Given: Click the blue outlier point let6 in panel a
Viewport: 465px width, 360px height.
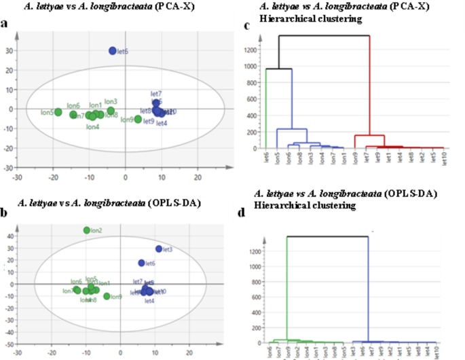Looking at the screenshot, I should click(x=113, y=51).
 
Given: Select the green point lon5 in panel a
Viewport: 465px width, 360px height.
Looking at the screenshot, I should click(x=58, y=112).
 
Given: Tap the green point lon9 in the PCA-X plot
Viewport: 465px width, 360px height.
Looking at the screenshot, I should click(x=138, y=120).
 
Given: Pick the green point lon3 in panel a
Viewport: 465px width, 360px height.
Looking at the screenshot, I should click(x=111, y=111).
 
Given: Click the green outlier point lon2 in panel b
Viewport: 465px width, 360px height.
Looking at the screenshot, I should click(x=87, y=230).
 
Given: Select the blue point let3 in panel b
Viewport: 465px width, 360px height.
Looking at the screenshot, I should click(x=159, y=249).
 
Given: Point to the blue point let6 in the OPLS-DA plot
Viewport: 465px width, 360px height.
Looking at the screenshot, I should click(x=142, y=263).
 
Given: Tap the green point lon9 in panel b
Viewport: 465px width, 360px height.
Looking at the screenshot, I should click(x=107, y=296).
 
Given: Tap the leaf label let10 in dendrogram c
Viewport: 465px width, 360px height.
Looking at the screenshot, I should click(x=443, y=159).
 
